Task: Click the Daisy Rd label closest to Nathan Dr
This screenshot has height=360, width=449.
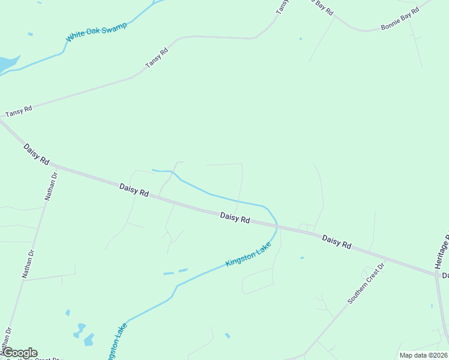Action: click(37, 154)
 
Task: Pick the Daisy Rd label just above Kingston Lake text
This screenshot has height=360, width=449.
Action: click(235, 217)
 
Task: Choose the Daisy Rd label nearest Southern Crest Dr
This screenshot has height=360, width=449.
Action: click(336, 242)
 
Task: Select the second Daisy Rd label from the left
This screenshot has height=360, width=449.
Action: click(134, 190)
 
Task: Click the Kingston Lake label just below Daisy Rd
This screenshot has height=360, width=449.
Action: click(249, 255)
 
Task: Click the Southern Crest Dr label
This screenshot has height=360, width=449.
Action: click(364, 283)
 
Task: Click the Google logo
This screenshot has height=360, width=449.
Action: click(19, 353)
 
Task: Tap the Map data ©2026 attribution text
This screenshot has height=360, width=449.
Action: click(423, 355)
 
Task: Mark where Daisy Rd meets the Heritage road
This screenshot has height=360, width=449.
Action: click(436, 274)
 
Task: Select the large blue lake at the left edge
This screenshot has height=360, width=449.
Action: click(7, 63)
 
